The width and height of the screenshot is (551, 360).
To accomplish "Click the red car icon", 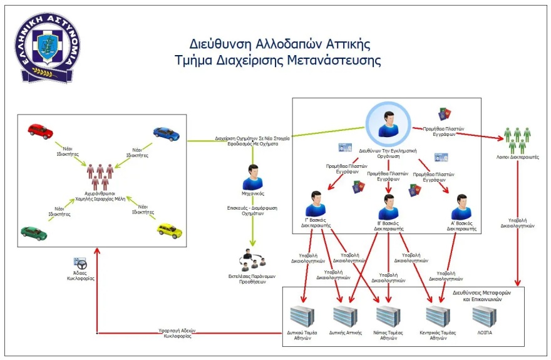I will [x=41, y=130].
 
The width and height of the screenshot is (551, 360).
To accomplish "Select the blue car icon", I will [x=166, y=133].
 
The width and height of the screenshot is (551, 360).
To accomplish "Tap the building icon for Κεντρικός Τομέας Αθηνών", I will [x=438, y=316].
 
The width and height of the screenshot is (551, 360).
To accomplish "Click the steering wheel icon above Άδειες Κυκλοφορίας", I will [x=80, y=262].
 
